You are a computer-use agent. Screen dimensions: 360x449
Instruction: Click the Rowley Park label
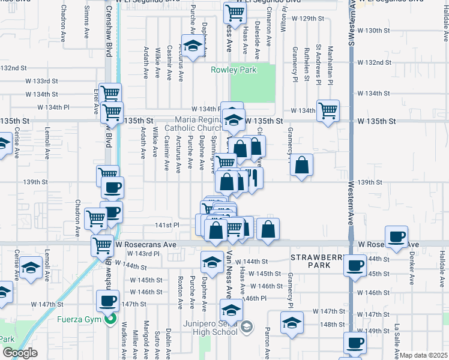(x=234, y=70)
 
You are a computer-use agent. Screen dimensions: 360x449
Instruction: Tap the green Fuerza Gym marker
(x=109, y=318)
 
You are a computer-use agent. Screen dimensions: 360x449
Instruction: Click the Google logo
(x=20, y=353)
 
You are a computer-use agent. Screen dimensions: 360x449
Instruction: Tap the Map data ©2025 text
(x=424, y=355)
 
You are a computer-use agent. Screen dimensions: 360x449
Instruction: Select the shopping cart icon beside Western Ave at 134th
(x=328, y=110)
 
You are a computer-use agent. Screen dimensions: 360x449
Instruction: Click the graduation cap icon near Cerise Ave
(x=30, y=268)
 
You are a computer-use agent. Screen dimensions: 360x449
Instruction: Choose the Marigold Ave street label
(x=145, y=340)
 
